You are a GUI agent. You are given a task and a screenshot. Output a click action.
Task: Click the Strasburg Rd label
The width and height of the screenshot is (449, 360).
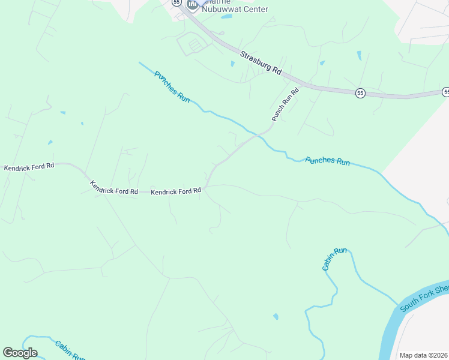pos(261,62)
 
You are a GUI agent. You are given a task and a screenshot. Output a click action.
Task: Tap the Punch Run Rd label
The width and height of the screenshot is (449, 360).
pos(285,105)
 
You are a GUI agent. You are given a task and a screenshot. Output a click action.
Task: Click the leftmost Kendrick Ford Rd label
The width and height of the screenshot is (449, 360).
pos(29,167)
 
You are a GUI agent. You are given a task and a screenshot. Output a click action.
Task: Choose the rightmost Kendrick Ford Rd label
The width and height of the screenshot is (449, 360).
pos(176,191)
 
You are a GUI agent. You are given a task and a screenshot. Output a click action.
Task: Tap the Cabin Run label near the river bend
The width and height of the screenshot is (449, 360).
pos(334,259)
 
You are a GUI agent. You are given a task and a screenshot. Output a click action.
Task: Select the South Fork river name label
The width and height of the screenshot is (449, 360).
pos(424,299)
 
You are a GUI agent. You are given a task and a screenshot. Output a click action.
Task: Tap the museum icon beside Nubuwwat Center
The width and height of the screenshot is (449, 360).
pos(193,5)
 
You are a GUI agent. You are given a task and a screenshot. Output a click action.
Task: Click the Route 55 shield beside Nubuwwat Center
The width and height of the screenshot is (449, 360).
pos(176,2)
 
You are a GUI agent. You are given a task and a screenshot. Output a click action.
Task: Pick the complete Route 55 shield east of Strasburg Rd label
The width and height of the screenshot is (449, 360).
pos(360,93)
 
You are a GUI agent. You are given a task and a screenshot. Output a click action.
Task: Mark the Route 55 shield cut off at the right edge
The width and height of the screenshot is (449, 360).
pos(446,92)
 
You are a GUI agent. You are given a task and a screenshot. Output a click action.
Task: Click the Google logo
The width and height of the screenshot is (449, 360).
pos(20,353)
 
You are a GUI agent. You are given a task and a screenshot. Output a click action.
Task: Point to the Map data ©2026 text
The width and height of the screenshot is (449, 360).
pos(423,355)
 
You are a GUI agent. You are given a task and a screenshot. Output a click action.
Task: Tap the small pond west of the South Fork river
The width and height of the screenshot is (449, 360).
pos(276,316)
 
